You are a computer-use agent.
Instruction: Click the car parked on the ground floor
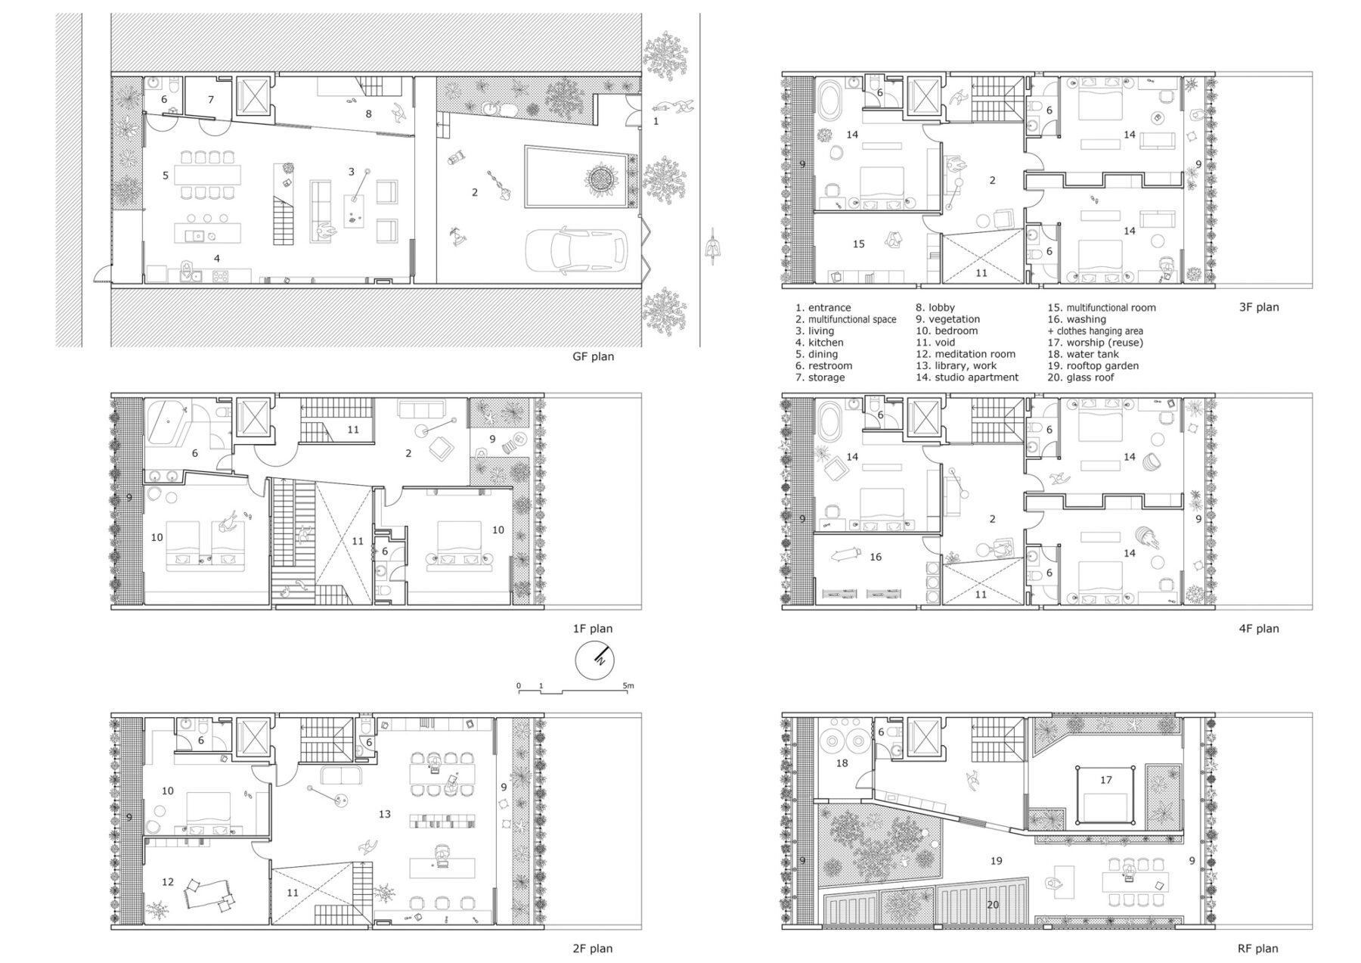coord(577,250)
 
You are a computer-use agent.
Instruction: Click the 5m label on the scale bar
coord(628,685)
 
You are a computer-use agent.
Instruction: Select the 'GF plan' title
coord(593,356)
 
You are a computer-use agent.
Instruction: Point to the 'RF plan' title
coord(1257,948)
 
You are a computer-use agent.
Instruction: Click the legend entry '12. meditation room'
coord(966,354)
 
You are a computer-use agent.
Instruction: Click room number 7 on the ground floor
coord(211,99)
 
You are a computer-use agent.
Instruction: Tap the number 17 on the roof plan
coord(1105,780)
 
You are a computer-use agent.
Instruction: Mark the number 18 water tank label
coord(842,763)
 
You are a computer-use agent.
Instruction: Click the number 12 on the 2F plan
coord(168,881)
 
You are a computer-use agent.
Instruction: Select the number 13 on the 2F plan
coord(384,814)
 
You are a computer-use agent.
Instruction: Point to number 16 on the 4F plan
coord(875,557)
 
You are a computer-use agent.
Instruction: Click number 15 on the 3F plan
coord(858,244)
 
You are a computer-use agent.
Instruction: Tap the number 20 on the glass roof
coord(993,904)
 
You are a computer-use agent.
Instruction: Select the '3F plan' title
coord(1258,307)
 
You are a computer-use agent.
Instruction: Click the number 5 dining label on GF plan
coord(166,176)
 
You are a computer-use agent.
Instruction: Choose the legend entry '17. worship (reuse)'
coord(1095,343)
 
